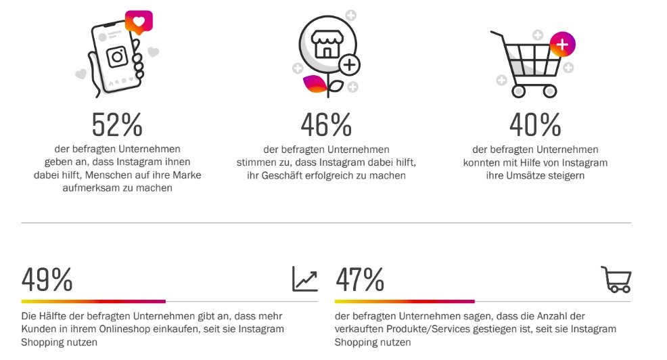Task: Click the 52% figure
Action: tap(117, 125)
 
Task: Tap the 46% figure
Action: tap(326, 125)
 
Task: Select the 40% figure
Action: tap(535, 125)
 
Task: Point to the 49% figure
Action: tap(47, 279)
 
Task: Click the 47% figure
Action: tap(359, 279)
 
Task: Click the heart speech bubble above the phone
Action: tap(139, 22)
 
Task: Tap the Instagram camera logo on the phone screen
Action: tap(118, 57)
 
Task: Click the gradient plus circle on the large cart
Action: tap(562, 44)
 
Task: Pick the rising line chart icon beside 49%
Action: tap(304, 278)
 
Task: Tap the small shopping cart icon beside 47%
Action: tap(616, 279)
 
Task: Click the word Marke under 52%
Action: tap(186, 175)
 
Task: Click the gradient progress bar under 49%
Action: tap(93, 301)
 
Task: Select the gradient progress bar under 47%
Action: tap(405, 301)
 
